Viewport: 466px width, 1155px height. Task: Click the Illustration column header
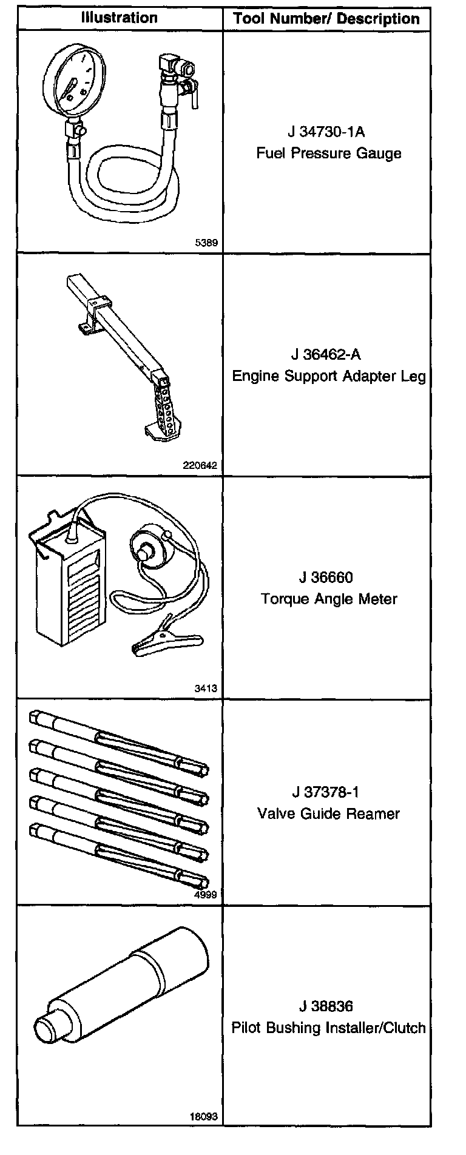[120, 18]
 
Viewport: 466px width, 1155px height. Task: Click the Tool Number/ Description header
[326, 19]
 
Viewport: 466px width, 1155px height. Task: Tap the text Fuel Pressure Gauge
[328, 153]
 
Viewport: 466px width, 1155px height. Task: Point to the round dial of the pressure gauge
[75, 77]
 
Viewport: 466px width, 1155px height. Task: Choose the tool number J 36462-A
[328, 354]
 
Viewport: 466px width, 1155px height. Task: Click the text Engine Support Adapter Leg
[329, 376]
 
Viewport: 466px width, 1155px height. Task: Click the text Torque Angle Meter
[329, 599]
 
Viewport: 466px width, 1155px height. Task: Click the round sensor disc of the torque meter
[147, 551]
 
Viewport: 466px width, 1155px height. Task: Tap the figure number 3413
[206, 689]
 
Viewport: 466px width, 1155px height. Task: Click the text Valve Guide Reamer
[328, 813]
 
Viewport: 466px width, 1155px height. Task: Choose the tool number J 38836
[326, 1006]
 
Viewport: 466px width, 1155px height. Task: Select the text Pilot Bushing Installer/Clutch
[328, 1028]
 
